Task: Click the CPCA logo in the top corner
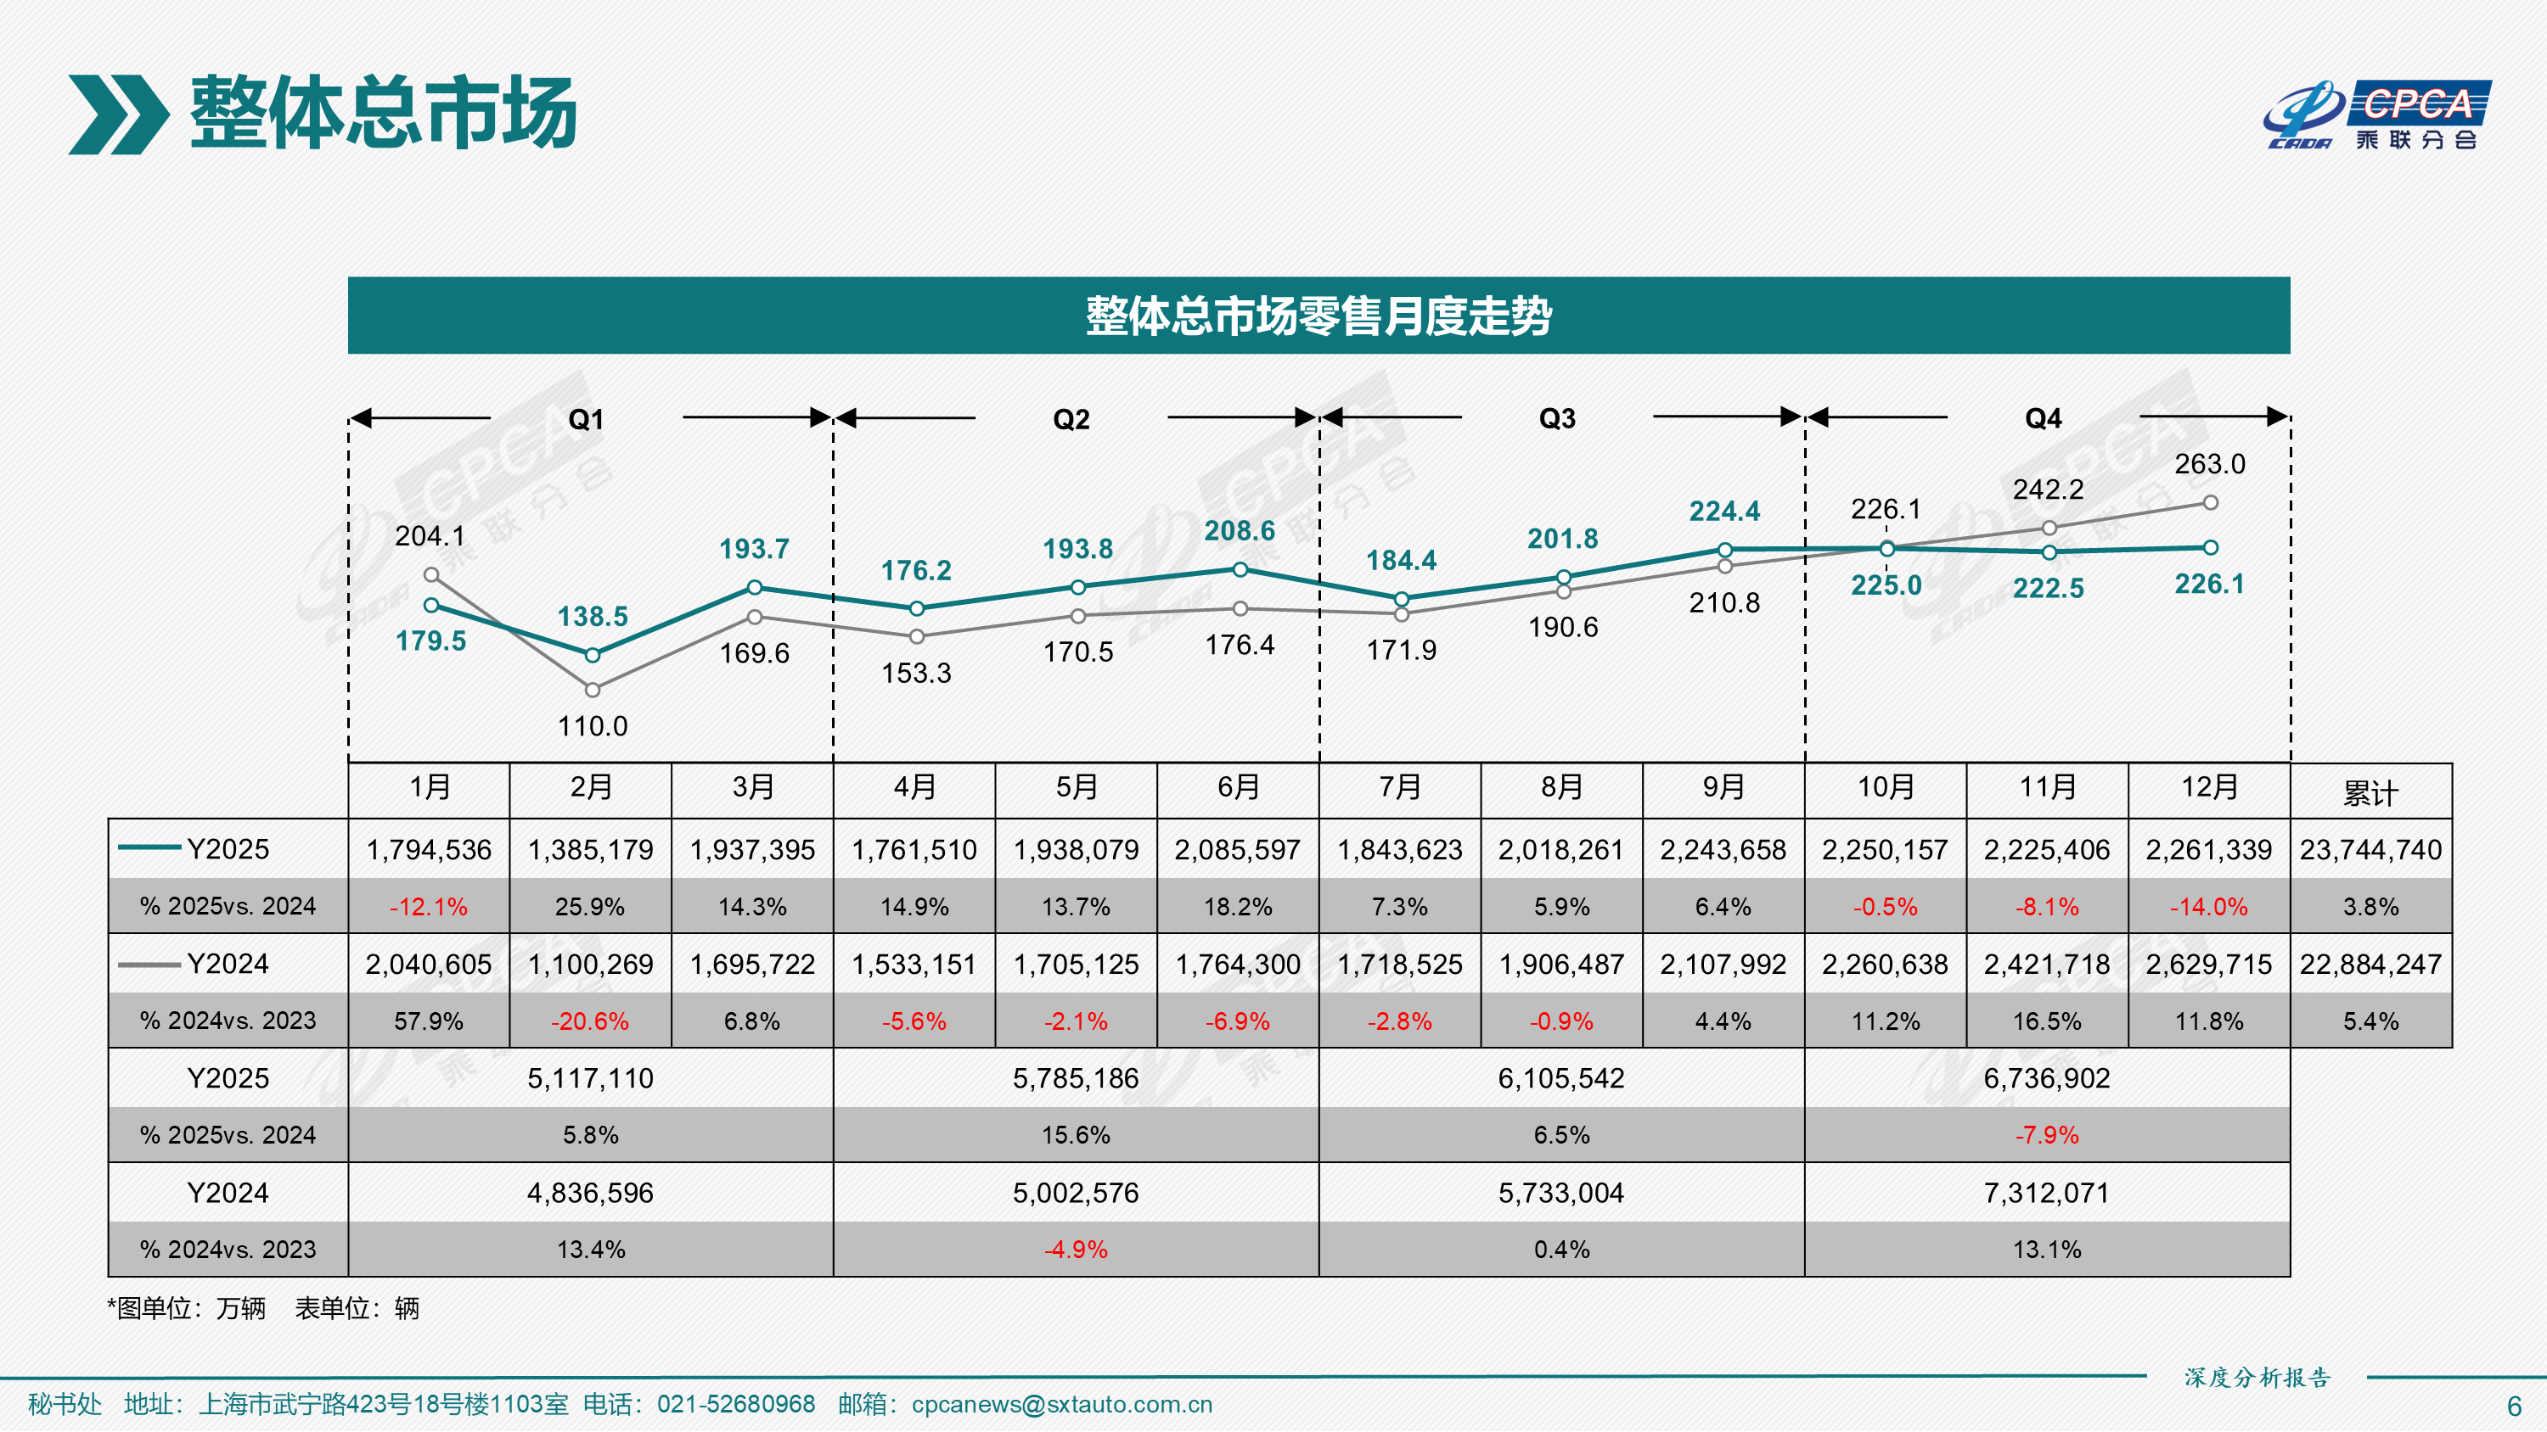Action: pos(2377,115)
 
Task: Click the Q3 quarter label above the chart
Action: pos(1557,419)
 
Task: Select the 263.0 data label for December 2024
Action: pos(2210,465)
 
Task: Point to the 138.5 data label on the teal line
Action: pos(593,617)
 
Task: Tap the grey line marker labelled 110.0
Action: pos(593,690)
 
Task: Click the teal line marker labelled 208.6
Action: pos(1240,569)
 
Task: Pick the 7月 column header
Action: pos(1400,787)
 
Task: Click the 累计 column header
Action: pos(2370,792)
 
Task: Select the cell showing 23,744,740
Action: pos(2370,850)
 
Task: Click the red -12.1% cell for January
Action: pos(428,907)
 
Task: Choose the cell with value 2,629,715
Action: pos(2209,965)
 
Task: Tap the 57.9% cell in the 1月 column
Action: pos(428,1021)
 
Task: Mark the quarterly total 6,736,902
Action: pos(2047,1078)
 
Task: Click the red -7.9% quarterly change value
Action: pos(2047,1136)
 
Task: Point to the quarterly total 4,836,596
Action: pos(590,1193)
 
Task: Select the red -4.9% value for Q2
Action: pos(1076,1250)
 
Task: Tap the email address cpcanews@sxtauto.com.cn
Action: pos(1062,1404)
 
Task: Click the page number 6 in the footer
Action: pos(2515,1407)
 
